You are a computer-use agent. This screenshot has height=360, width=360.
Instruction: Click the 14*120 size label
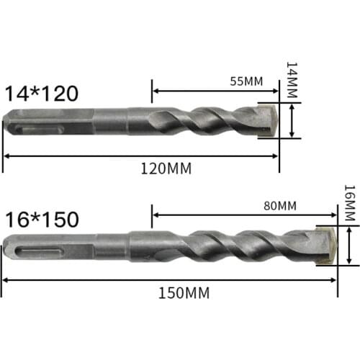tap(41, 93)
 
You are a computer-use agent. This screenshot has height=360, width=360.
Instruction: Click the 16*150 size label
tap(41, 218)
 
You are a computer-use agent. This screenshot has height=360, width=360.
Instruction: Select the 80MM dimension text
tap(281, 205)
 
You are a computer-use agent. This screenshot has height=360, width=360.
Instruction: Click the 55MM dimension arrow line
tap(215, 91)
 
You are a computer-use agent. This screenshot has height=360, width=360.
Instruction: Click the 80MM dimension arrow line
tap(245, 215)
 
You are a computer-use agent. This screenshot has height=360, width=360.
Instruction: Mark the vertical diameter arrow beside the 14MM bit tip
tap(292, 120)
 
